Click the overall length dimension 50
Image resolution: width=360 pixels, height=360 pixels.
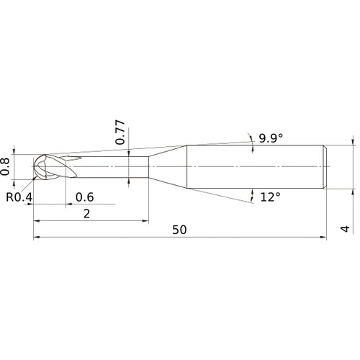click(x=180, y=230)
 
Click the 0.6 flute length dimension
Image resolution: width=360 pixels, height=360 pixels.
click(x=84, y=197)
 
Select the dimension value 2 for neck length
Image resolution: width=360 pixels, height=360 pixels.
click(x=87, y=213)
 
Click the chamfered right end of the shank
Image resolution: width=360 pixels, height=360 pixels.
click(x=326, y=168)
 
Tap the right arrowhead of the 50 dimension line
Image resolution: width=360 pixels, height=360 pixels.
click(x=323, y=237)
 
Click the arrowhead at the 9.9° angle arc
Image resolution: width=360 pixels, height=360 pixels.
click(x=251, y=138)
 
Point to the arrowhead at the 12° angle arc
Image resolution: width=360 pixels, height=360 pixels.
click(x=253, y=194)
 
